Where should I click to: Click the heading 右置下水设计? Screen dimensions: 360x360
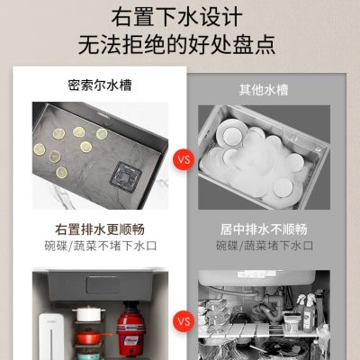[177, 17]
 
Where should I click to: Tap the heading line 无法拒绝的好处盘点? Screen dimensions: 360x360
[177, 45]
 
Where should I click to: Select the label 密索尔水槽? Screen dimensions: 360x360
[100, 85]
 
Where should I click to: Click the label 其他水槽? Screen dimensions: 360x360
[264, 90]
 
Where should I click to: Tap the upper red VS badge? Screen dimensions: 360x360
[184, 159]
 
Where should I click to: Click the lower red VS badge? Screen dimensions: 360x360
[184, 321]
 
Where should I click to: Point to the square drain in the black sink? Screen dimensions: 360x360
[126, 177]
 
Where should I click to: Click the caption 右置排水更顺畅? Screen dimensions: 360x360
[100, 229]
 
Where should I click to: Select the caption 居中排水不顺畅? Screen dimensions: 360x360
[264, 229]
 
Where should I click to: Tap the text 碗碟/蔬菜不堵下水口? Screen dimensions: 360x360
[101, 246]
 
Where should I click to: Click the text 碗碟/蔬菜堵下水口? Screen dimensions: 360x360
[265, 246]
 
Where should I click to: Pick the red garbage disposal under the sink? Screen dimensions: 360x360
[130, 328]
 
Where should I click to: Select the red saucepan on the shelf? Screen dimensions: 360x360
[91, 337]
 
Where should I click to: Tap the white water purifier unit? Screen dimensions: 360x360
[50, 336]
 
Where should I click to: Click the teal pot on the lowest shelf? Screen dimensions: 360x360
[87, 356]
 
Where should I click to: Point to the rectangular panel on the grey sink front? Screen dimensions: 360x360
[103, 284]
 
